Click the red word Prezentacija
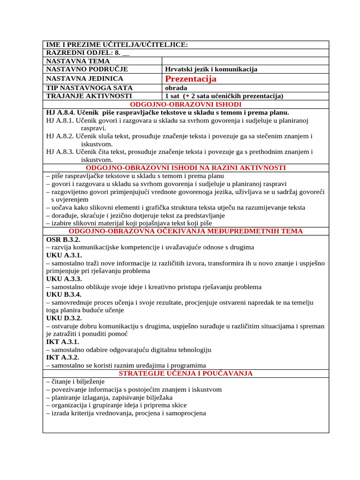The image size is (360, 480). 191,79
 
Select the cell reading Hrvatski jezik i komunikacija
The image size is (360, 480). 211,69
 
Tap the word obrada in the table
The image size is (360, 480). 176,88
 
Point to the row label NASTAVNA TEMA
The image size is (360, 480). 78,61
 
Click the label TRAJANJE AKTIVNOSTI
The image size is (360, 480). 88,96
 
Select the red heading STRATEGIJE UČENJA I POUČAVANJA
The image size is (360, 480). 186,374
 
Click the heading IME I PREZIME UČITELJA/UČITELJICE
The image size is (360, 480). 117,45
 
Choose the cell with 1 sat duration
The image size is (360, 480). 224,96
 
